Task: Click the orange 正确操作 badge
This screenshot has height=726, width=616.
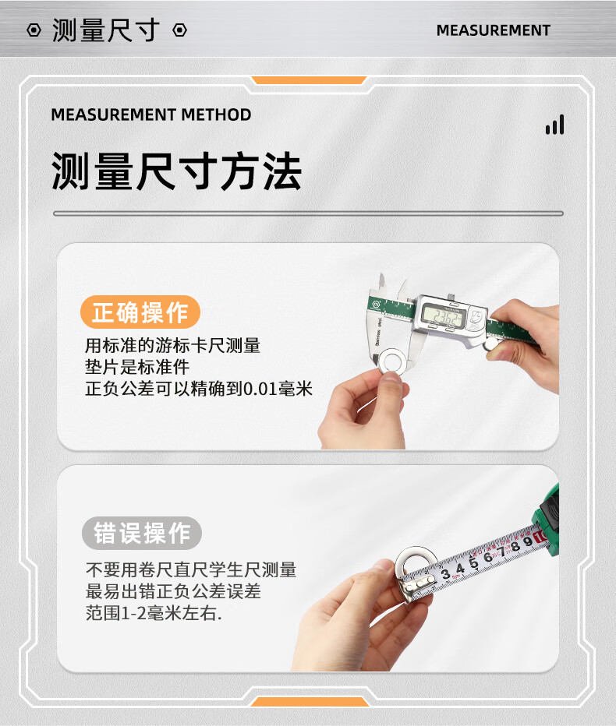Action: (x=140, y=312)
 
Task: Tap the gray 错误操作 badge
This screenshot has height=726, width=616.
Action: (x=142, y=533)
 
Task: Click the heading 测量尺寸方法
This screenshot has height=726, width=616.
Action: (x=176, y=171)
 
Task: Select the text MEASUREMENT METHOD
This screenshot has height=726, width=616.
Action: (x=151, y=115)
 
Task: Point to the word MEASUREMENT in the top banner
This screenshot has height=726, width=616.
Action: (x=493, y=30)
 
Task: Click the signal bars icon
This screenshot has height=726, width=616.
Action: (x=555, y=125)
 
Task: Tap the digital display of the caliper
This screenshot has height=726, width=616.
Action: (x=444, y=317)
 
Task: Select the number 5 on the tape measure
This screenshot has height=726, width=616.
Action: (x=473, y=562)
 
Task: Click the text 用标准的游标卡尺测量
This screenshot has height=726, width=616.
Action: (x=172, y=345)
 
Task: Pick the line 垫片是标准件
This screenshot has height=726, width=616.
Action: (x=137, y=367)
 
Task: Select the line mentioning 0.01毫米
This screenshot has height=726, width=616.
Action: (x=199, y=389)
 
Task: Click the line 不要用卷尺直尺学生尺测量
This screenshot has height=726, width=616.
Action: (x=191, y=570)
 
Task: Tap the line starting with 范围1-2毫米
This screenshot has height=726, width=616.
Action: (x=154, y=613)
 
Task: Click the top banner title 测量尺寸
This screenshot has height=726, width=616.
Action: (x=106, y=30)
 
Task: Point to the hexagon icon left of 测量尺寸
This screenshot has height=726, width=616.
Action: (x=34, y=30)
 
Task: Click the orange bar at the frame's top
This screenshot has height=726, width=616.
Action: (x=309, y=80)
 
